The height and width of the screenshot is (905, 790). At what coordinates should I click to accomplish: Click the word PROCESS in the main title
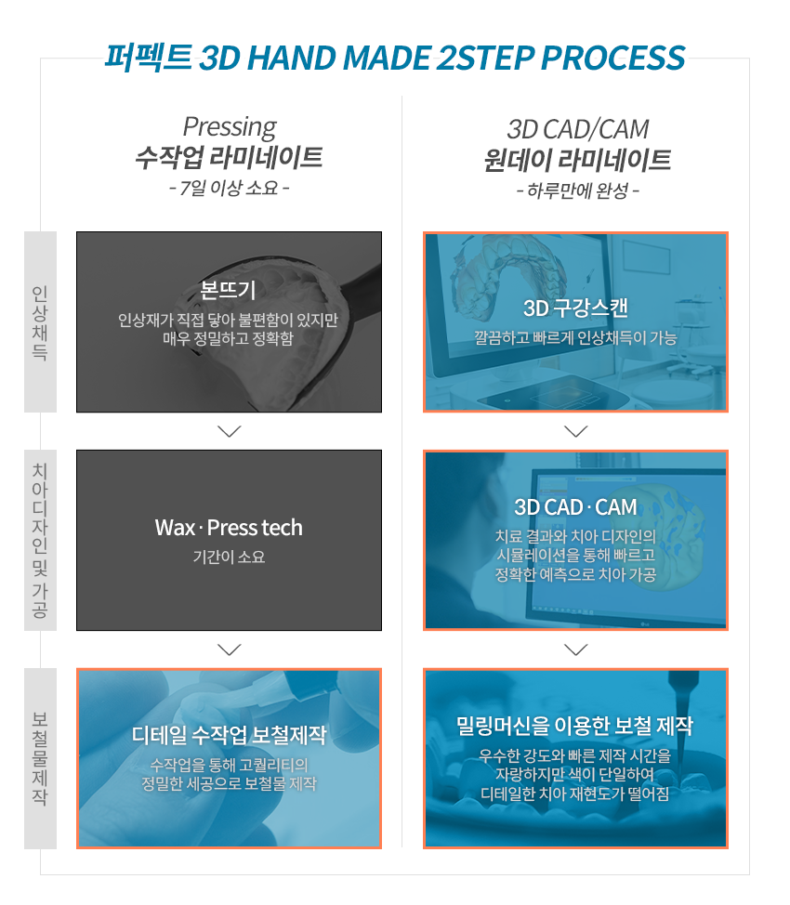tap(612, 58)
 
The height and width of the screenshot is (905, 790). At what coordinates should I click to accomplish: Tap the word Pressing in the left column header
tap(230, 127)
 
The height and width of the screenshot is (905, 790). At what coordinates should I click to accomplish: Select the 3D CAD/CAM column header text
tap(577, 129)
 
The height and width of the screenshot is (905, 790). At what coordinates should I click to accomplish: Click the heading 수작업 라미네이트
tap(229, 157)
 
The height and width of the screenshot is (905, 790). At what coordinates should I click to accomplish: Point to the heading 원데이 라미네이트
tap(577, 160)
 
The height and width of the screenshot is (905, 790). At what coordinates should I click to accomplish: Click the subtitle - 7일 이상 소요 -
tap(230, 188)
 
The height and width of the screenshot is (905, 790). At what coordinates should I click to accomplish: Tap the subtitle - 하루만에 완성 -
tap(577, 190)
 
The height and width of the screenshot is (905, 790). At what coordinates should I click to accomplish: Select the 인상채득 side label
tap(40, 322)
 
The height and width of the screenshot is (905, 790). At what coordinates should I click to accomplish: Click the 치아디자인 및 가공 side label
tap(40, 540)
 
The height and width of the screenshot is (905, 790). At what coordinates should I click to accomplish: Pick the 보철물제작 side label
tap(40, 758)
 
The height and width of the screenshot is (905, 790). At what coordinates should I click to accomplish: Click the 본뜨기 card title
tap(228, 290)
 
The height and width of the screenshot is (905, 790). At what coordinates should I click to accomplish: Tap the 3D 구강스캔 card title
tap(575, 308)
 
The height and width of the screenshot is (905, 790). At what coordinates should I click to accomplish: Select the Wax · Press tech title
tap(229, 528)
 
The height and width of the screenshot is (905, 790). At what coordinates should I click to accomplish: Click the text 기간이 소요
tap(229, 557)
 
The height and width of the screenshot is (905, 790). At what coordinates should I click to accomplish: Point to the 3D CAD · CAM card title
tap(575, 507)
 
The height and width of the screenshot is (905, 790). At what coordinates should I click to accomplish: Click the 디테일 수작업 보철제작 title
tap(229, 735)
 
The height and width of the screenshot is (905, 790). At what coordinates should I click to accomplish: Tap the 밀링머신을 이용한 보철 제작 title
tap(574, 726)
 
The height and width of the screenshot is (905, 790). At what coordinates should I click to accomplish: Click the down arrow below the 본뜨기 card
tap(230, 431)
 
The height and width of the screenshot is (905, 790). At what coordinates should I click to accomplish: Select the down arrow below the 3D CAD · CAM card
tap(575, 649)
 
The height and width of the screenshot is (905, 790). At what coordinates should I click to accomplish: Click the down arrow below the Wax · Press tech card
tap(230, 649)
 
